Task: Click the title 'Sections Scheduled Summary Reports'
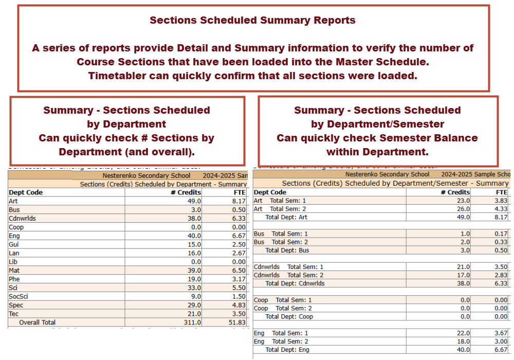(252, 21)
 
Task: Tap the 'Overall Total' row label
(37, 322)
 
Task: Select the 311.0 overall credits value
(192, 322)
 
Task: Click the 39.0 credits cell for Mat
(194, 270)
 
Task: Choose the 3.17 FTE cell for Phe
(239, 279)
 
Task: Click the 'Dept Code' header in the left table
(26, 192)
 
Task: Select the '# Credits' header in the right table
(455, 192)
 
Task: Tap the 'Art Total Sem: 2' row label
(280, 209)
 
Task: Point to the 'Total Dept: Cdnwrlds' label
(295, 283)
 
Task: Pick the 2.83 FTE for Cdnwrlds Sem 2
(500, 275)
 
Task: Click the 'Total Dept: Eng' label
(287, 350)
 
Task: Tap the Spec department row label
(16, 305)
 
